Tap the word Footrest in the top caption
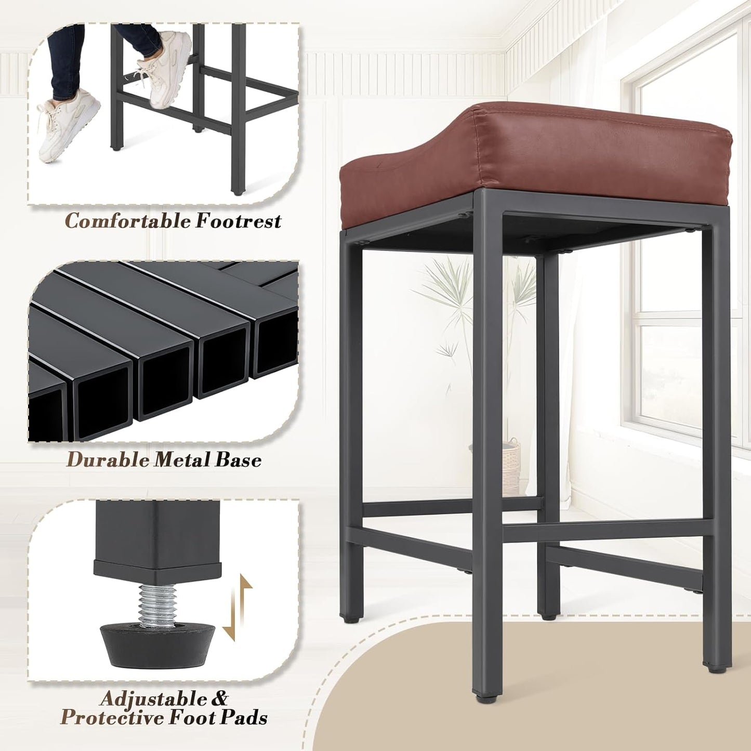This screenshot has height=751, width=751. tap(238, 221)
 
